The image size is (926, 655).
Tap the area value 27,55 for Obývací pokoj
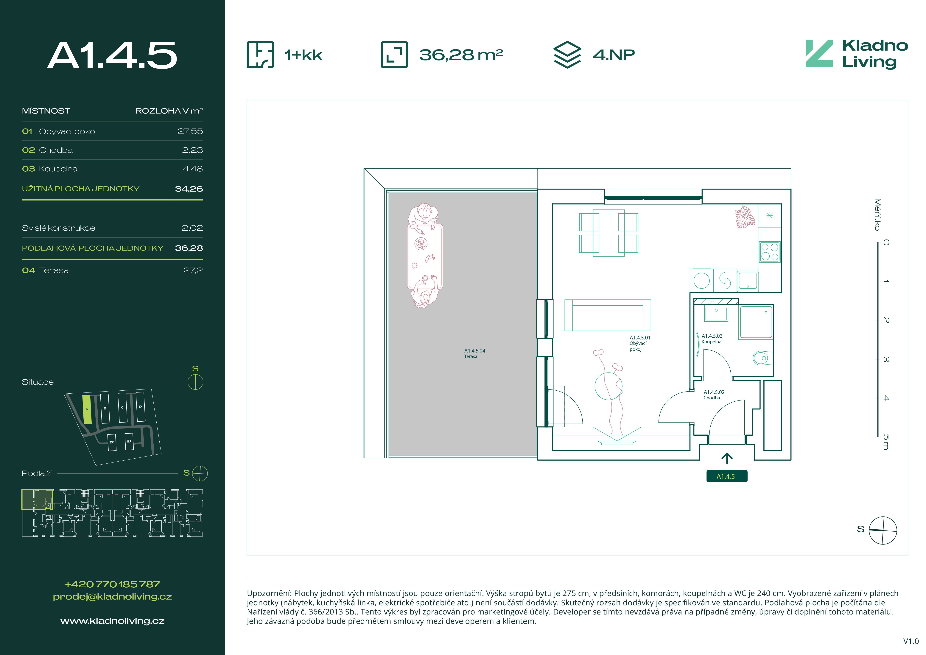[x=190, y=131]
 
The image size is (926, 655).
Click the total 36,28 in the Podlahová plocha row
[x=189, y=248]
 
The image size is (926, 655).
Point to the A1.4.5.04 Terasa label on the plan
[x=475, y=353]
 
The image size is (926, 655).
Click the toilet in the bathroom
[x=761, y=358]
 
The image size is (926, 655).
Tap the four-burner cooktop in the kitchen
[x=770, y=252]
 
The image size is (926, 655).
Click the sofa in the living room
[x=607, y=315]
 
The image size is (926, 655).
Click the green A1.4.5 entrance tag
[x=727, y=476]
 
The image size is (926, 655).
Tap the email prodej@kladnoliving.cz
[x=113, y=597]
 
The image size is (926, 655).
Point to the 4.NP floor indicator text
[x=614, y=55]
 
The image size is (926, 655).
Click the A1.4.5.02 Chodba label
[x=714, y=395]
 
